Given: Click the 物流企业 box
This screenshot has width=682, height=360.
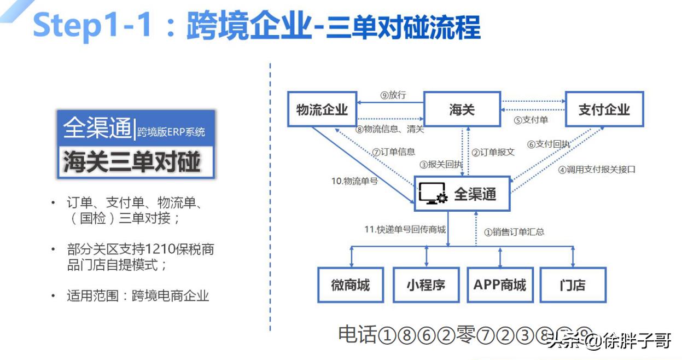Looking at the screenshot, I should point(322,109).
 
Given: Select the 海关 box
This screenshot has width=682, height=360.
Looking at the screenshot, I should point(462,109).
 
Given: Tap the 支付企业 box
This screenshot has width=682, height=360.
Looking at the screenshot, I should point(604,109).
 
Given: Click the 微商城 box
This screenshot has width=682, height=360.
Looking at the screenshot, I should point(351,284).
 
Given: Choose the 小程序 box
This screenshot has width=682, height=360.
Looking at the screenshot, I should point(425,284).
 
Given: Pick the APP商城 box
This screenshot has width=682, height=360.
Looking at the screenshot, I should point(500,284).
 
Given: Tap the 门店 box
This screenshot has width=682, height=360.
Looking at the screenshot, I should point(573,284).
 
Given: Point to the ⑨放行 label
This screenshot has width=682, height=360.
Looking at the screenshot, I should point(393,95).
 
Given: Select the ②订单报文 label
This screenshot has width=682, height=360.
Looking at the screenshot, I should point(493,152).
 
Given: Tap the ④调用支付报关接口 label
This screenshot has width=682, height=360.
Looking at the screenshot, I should point(597,170).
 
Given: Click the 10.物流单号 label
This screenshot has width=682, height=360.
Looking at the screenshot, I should point(354,181).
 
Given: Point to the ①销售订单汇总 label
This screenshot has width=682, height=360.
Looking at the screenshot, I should point(514,231).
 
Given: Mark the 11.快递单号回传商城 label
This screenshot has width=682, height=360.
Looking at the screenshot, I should point(405,229).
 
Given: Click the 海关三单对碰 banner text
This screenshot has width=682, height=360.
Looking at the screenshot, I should point(132,162).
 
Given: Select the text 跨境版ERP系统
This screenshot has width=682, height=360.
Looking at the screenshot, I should point(171,131).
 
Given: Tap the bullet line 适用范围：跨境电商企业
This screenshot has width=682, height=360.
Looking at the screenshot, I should point(138,296).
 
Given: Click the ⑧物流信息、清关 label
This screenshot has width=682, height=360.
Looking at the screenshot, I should point(389,130).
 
